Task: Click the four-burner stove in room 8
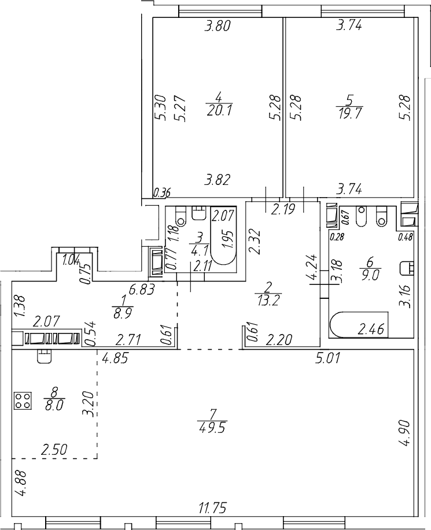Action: tap(23, 402)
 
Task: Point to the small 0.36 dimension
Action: tap(162, 193)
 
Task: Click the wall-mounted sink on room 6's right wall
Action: tap(408, 268)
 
